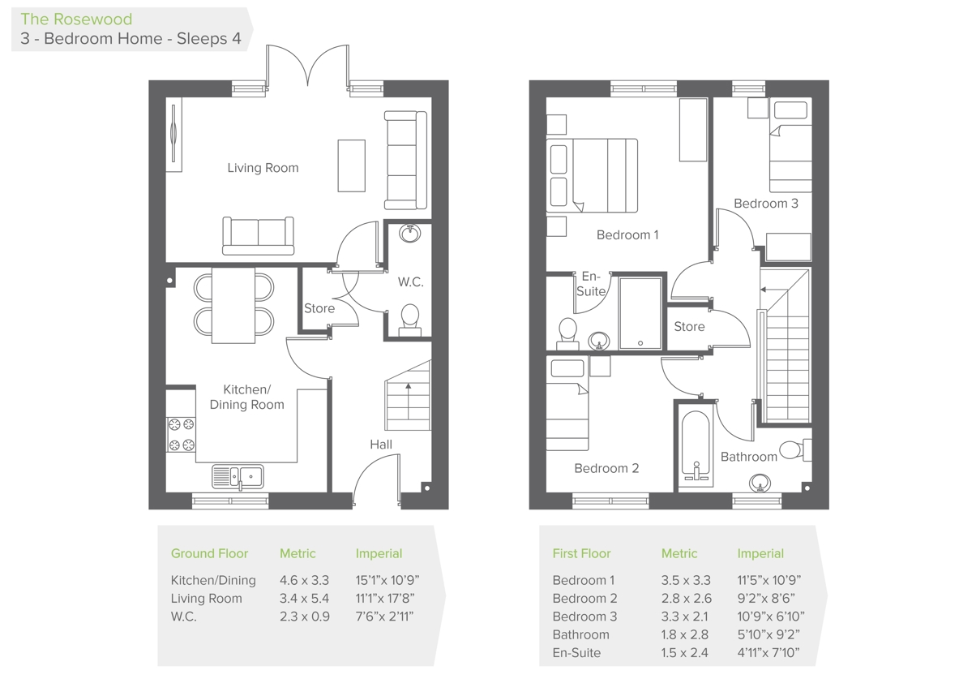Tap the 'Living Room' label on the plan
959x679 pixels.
(263, 168)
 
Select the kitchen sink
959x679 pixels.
(238, 476)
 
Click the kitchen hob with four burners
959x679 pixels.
(181, 434)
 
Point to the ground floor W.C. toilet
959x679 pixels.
(409, 318)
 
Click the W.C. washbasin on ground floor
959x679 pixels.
(410, 233)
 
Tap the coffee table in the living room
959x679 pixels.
(351, 165)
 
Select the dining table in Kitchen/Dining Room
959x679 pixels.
(233, 305)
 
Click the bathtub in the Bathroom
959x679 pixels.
(695, 447)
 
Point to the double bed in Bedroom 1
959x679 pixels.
(592, 175)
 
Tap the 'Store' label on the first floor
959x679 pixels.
(689, 327)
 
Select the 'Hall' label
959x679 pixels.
(381, 445)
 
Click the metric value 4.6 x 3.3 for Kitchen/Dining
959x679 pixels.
(305, 580)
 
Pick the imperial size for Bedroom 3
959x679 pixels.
(770, 617)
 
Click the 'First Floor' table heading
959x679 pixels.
(581, 553)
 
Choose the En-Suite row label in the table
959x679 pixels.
(576, 653)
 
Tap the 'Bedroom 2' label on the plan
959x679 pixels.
(606, 468)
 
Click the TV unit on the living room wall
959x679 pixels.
(173, 135)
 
